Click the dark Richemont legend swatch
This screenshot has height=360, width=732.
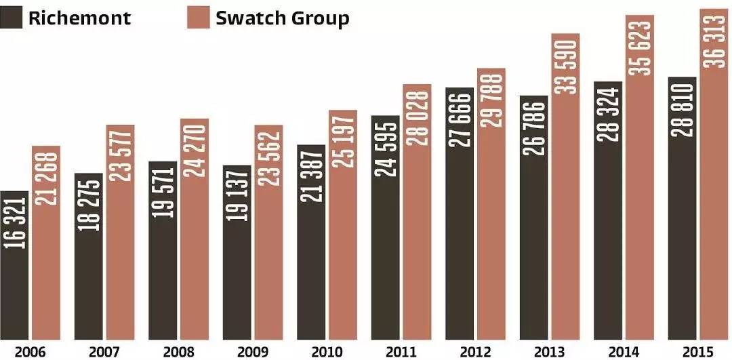[12, 18]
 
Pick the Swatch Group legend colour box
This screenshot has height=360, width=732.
[197, 18]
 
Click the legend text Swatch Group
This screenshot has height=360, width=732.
[282, 18]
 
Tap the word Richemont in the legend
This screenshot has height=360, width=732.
[79, 18]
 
